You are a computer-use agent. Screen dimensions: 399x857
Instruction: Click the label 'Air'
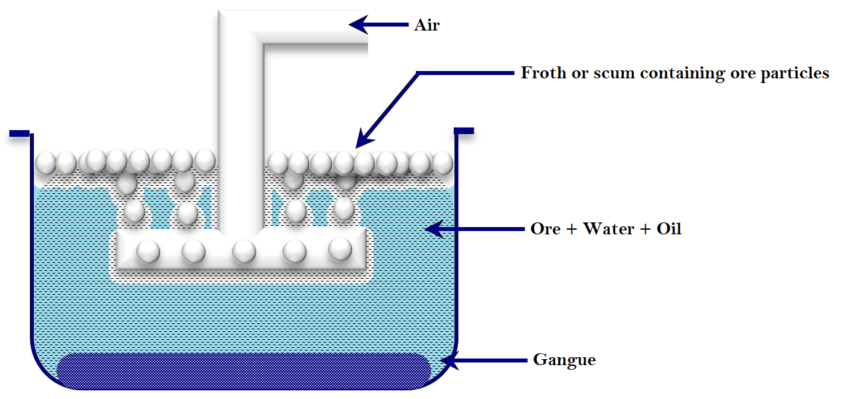(x=427, y=25)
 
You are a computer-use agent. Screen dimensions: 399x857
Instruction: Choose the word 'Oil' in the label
(x=668, y=229)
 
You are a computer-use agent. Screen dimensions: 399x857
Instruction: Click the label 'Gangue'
(x=564, y=360)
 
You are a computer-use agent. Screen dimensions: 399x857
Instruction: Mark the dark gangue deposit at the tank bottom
(x=244, y=370)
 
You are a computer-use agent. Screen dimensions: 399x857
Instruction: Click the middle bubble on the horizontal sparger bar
(x=244, y=251)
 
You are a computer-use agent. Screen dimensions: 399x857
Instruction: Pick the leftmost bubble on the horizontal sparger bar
(x=147, y=251)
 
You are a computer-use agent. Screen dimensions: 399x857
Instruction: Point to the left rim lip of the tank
(x=20, y=134)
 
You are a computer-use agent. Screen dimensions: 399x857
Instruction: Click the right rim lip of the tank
(x=464, y=130)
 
